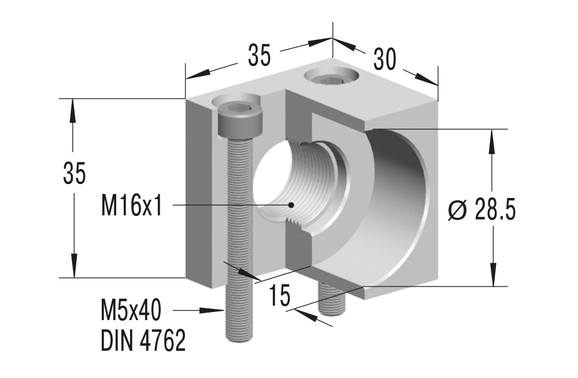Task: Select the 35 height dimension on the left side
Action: point(75,174)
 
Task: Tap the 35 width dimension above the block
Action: point(260,56)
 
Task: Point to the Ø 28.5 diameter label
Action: point(481,211)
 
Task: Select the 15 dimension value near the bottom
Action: point(280,296)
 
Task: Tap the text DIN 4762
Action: point(143,341)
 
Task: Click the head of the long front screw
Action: point(240,120)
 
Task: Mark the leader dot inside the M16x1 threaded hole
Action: point(292,204)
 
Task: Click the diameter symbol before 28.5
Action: point(457,211)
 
